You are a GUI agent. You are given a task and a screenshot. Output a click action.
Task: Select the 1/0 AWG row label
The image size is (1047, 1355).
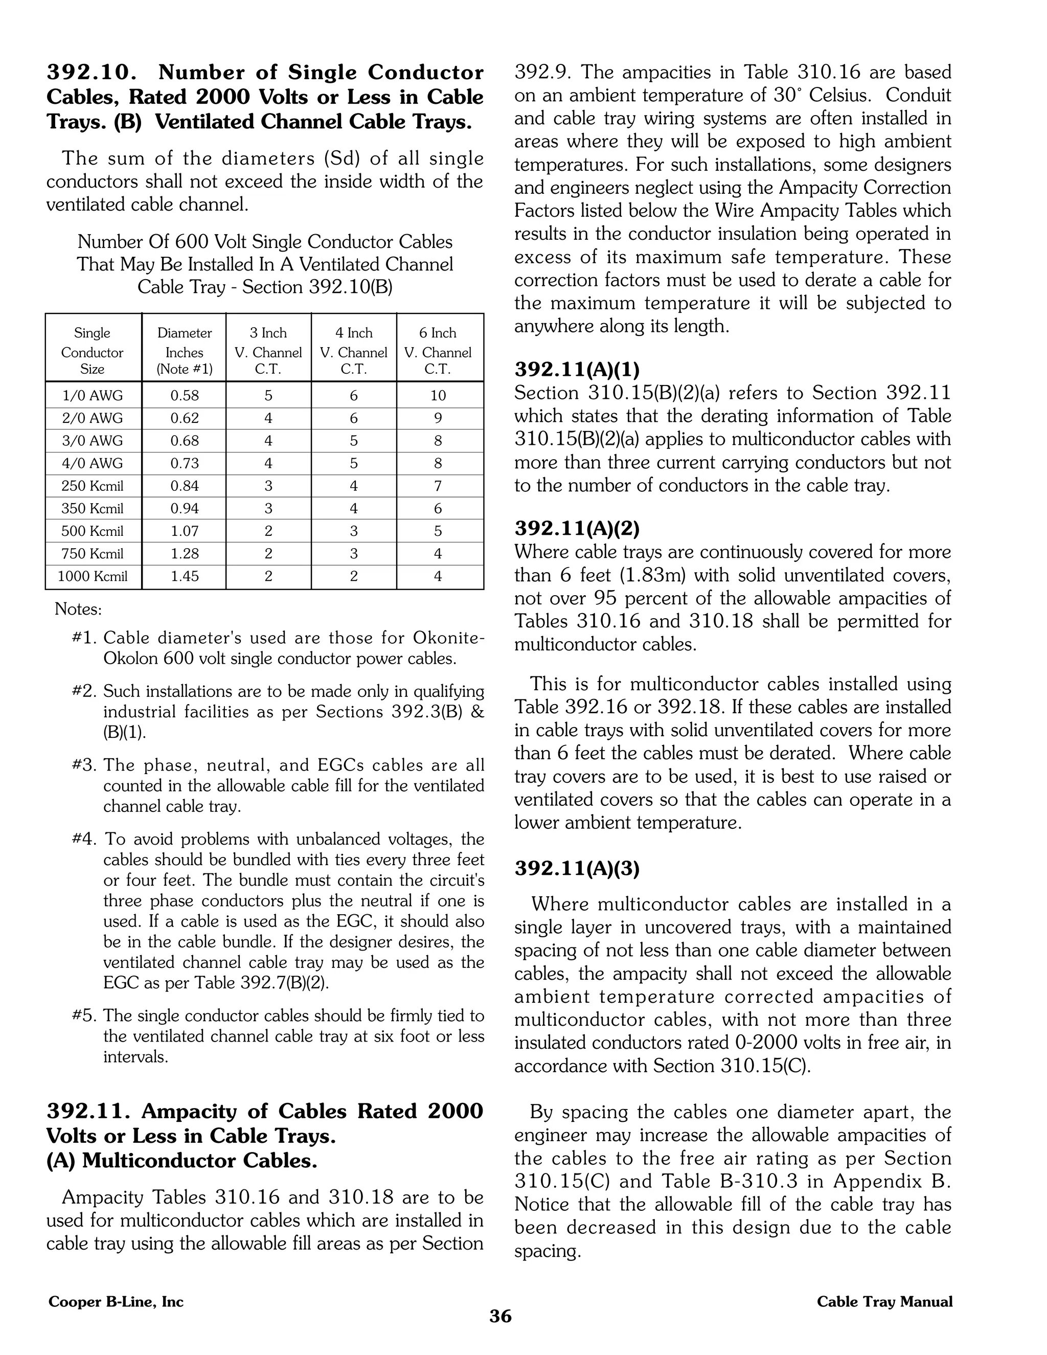point(93,396)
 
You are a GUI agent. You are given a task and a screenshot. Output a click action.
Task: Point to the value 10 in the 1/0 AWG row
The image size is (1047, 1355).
point(438,396)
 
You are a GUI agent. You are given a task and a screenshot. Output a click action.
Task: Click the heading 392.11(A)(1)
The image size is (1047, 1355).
point(577,370)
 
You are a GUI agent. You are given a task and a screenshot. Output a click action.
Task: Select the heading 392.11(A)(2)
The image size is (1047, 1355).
point(577,529)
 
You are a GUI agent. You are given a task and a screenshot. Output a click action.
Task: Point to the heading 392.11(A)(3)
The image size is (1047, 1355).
point(577,869)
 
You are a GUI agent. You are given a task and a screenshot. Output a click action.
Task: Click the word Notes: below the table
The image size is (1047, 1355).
point(78,609)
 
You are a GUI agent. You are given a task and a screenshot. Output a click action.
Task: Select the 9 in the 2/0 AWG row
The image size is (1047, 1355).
point(438,418)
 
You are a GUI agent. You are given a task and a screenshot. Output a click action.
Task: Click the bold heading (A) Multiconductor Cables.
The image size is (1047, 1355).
point(181,1160)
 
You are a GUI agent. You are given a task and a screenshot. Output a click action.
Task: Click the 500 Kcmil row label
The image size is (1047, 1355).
point(93,531)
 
